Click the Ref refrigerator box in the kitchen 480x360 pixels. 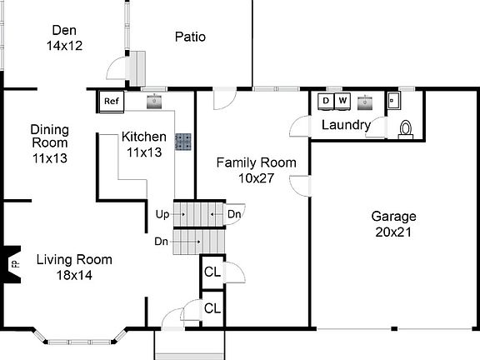coord(111,102)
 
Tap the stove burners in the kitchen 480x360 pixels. coord(182,142)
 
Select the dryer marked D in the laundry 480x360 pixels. coord(326,102)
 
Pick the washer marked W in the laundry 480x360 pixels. coord(342,102)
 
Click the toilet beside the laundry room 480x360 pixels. coord(406,128)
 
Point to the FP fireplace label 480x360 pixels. coord(14,263)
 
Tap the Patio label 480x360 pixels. coord(190,37)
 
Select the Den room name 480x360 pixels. coord(63,32)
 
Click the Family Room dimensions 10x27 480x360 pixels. coord(256,177)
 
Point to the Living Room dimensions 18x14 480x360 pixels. coord(74,275)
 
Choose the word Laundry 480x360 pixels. coord(346,125)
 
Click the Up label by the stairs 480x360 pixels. coord(162,214)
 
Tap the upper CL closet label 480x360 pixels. coord(212,272)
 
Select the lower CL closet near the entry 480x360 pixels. coord(212,307)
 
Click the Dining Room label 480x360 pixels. coord(50,137)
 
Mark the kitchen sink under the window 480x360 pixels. coord(154,102)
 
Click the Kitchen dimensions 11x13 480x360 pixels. coord(145,152)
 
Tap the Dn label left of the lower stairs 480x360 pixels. coord(162,242)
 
